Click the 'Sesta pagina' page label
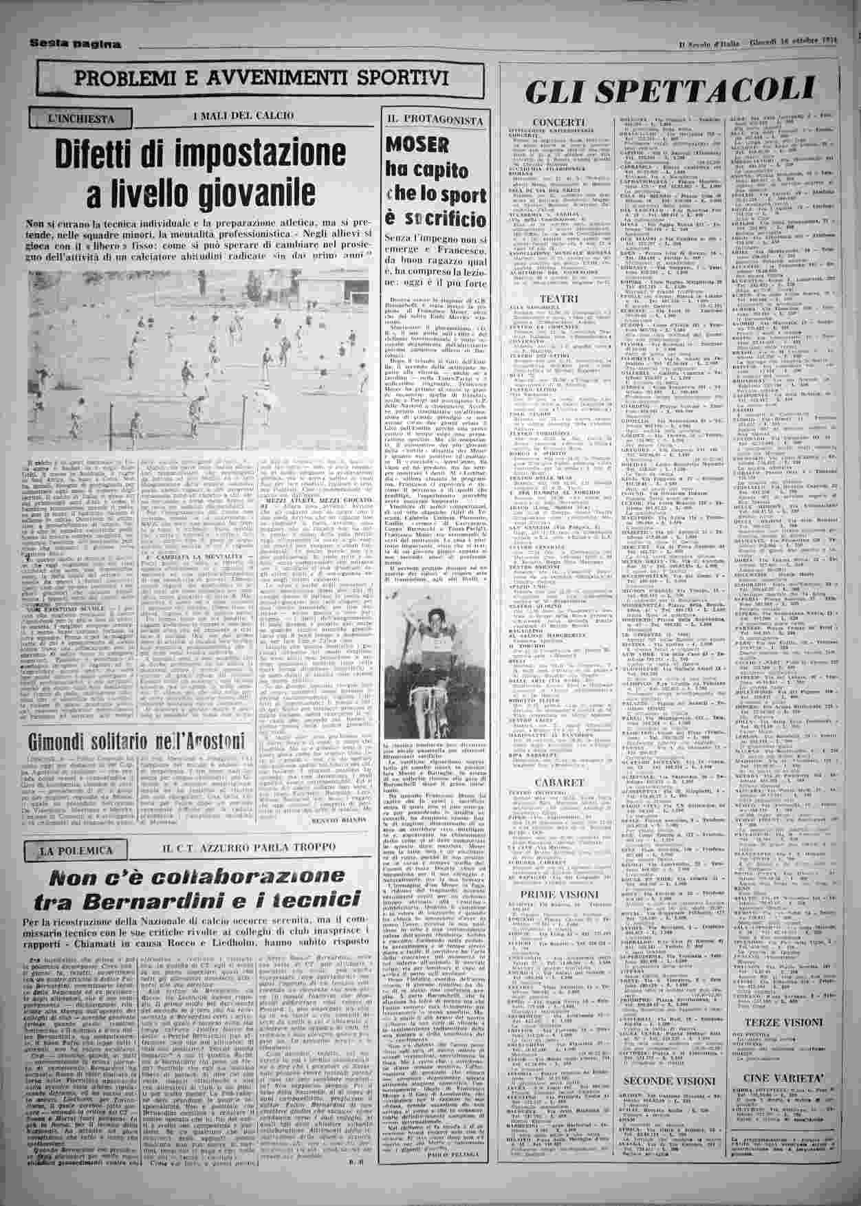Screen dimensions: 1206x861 (x=76, y=44)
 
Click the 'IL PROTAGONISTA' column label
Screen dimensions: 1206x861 (x=434, y=119)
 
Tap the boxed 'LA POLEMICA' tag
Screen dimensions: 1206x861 (x=75, y=850)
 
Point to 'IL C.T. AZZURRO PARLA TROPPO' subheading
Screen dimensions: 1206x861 (x=249, y=847)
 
